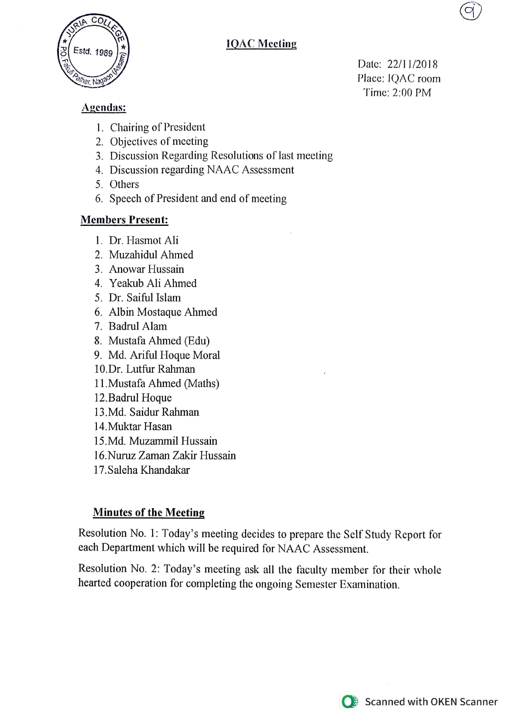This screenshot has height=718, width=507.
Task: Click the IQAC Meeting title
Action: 261,44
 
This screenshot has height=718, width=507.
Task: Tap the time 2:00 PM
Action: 411,92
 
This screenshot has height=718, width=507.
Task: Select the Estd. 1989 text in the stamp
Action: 93,52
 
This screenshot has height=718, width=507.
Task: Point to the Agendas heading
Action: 104,108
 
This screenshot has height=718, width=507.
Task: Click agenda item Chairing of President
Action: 157,127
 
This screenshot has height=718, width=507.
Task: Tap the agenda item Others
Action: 124,184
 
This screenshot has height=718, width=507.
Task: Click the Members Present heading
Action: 124,220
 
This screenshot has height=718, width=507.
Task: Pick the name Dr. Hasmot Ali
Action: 144,240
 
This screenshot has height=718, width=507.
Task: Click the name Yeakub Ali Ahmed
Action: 153,283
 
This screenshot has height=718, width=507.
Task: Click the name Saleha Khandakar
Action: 148,470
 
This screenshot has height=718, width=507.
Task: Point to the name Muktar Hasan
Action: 140,426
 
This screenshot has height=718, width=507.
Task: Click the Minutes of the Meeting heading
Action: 148,512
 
